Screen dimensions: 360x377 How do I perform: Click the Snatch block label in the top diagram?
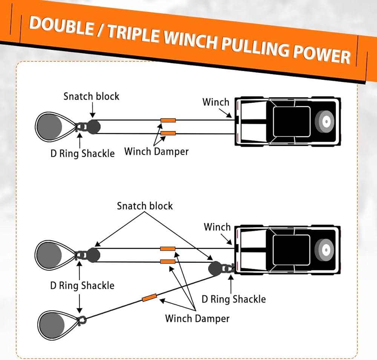point(91,96)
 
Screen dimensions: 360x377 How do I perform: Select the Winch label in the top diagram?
point(216,102)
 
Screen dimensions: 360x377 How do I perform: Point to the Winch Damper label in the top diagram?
point(156,152)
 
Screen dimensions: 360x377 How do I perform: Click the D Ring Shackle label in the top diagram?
point(83,154)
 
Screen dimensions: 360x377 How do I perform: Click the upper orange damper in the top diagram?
point(168,121)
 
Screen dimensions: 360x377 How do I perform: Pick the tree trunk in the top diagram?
point(49,127)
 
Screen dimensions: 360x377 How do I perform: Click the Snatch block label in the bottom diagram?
point(145,206)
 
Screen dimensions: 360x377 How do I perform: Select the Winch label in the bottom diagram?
point(217,227)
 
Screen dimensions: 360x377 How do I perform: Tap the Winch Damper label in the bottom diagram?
point(197,319)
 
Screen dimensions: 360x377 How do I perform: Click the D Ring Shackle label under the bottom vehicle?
point(234,299)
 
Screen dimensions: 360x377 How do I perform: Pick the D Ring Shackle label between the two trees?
point(82,285)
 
